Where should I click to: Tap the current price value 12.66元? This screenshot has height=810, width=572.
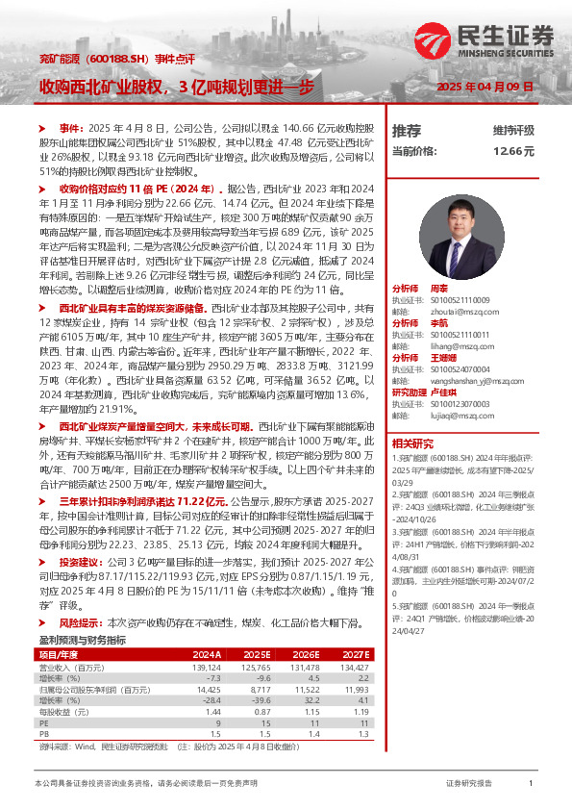[x=513, y=151]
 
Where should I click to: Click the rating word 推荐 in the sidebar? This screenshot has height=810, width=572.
[x=407, y=130]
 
